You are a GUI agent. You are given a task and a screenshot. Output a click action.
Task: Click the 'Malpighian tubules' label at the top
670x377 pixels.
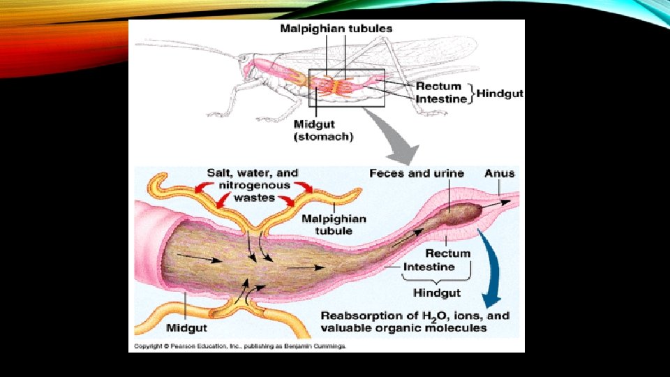[336, 29]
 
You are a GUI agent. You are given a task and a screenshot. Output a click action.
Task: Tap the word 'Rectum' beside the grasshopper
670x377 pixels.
[439, 86]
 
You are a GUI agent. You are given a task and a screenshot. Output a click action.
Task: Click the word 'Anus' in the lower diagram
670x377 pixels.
[499, 173]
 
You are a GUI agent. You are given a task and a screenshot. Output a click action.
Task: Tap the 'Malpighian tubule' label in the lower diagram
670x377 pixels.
[334, 225]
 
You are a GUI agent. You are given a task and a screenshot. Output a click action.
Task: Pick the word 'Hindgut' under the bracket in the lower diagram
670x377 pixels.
[437, 292]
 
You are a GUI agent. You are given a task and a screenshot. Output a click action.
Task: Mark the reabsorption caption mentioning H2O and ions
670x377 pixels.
[415, 321]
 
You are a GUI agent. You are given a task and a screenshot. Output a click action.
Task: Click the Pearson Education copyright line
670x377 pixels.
[238, 346]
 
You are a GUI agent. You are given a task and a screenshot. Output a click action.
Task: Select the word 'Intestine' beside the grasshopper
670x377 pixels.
[442, 99]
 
